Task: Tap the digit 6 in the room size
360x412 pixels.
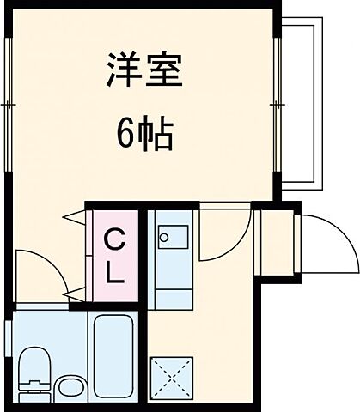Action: pos(125,134)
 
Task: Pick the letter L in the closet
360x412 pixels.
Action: pos(113,276)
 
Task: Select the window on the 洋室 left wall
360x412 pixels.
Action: pos(7,103)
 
